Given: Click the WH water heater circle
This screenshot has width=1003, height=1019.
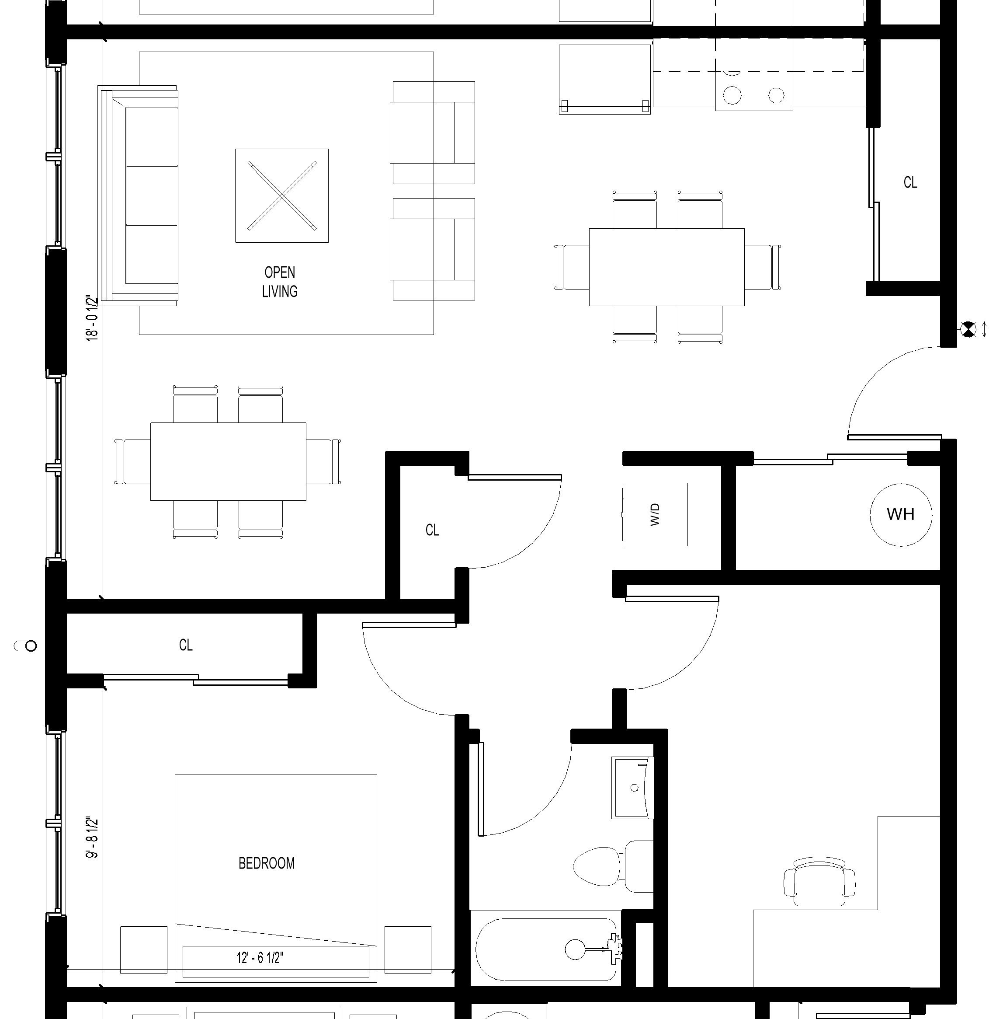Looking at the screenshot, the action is click(901, 514).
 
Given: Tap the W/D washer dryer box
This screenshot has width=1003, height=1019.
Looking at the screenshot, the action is click(655, 514).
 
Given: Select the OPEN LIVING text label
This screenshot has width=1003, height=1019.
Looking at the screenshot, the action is click(280, 282).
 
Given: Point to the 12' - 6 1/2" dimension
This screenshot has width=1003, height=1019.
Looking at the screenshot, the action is click(260, 957).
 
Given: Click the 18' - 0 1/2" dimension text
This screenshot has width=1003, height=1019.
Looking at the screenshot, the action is click(93, 318).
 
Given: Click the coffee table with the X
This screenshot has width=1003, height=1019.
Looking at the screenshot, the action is click(282, 195).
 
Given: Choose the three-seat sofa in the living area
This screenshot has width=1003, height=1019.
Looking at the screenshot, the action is click(138, 195).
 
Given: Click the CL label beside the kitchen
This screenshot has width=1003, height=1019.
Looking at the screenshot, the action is click(910, 182).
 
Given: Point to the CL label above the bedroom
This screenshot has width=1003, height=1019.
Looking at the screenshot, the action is click(186, 645).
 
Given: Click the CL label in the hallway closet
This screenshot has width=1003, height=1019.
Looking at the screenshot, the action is click(432, 530).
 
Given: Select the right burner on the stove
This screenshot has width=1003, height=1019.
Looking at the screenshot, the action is click(776, 95).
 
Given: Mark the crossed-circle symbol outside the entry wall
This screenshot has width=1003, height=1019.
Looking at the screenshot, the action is click(968, 329).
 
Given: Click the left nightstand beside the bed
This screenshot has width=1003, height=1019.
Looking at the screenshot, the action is click(144, 949).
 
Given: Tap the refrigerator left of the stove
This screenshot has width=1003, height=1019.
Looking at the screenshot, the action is click(605, 79).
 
